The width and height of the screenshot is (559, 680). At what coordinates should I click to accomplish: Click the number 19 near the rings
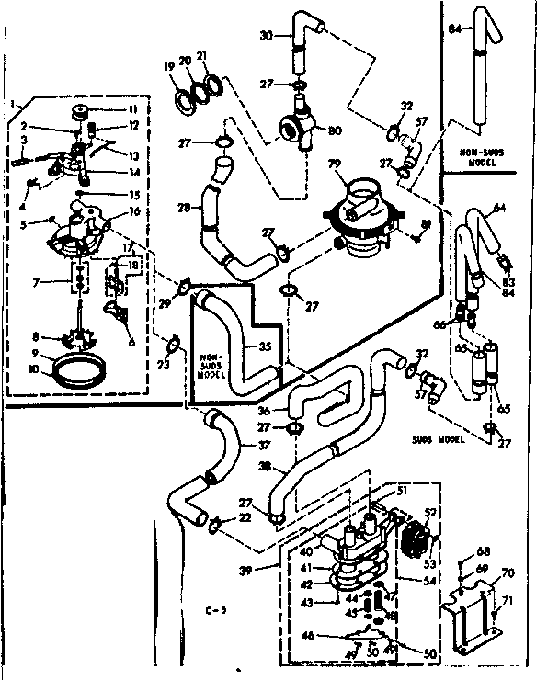(169, 66)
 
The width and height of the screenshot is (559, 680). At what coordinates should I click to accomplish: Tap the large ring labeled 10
(68, 374)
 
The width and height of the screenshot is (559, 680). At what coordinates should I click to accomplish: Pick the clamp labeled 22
(214, 525)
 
